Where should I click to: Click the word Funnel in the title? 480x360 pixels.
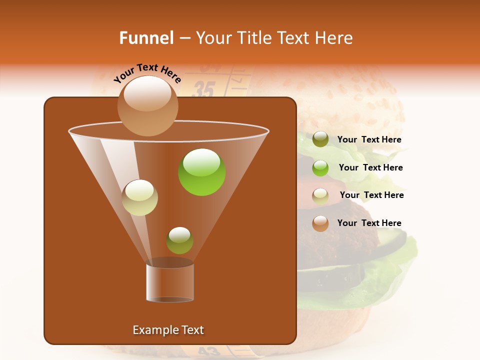tap(146, 37)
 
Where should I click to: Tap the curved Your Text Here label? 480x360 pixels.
tap(147, 73)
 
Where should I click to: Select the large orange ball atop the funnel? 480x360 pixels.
tap(147, 105)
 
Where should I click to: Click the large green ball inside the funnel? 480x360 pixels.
tap(202, 172)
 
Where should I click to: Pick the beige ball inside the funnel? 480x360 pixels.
tap(140, 197)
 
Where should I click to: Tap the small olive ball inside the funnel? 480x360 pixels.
tap(179, 240)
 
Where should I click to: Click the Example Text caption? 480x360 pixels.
tap(168, 330)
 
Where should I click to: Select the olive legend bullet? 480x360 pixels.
tap(320, 139)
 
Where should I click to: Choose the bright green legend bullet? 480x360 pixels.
tap(320, 168)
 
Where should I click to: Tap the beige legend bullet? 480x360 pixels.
tap(320, 196)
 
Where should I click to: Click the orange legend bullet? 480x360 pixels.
tap(320, 223)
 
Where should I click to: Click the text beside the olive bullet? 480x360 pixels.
tap(369, 140)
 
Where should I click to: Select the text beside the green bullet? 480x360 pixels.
tap(370, 168)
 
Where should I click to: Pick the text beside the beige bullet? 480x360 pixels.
tap(371, 195)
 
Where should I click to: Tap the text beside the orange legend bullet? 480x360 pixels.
tap(369, 223)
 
